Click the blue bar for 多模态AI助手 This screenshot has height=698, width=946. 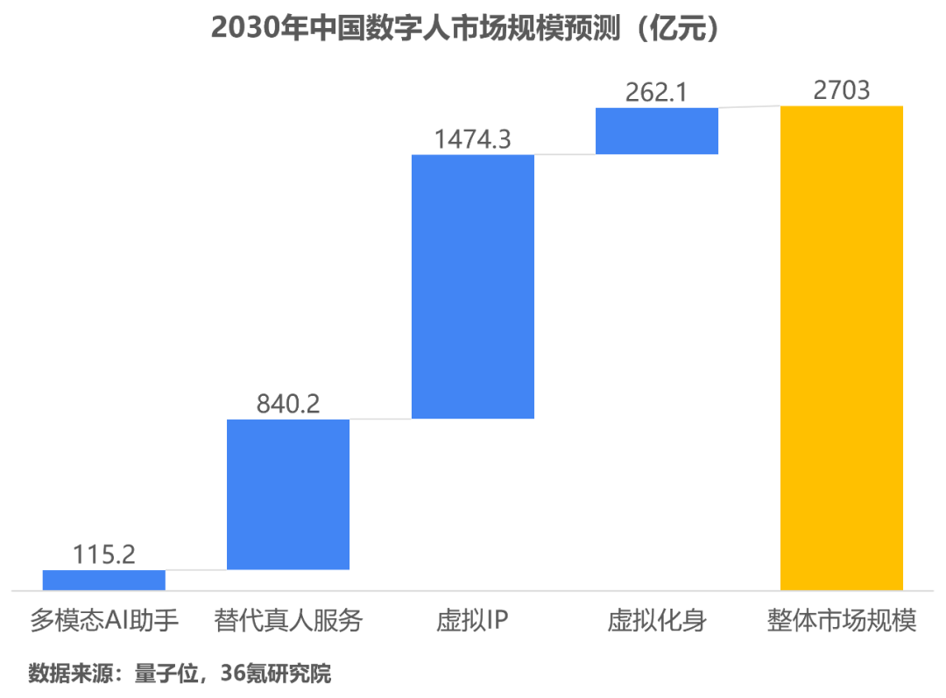pyautogui.click(x=103, y=580)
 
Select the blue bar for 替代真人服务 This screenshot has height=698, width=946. pyautogui.click(x=288, y=495)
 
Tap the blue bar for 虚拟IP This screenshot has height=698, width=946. pyautogui.click(x=473, y=286)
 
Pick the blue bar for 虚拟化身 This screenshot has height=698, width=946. pyautogui.click(x=657, y=131)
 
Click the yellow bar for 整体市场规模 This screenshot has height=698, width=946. pyautogui.click(x=842, y=347)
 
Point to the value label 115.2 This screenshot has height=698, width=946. pyautogui.click(x=103, y=554)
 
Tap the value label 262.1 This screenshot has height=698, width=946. pyautogui.click(x=657, y=92)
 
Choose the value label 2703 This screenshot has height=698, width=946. pyautogui.click(x=842, y=89)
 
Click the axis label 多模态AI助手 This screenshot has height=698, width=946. pyautogui.click(x=104, y=622)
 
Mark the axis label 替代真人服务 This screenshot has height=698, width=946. pyautogui.click(x=288, y=622)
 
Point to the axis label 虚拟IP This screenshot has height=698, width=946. pyautogui.click(x=473, y=622)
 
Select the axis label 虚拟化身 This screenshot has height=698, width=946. pyautogui.click(x=657, y=622)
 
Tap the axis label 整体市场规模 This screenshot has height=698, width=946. pyautogui.click(x=841, y=622)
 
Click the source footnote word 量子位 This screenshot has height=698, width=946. pyautogui.click(x=160, y=674)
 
